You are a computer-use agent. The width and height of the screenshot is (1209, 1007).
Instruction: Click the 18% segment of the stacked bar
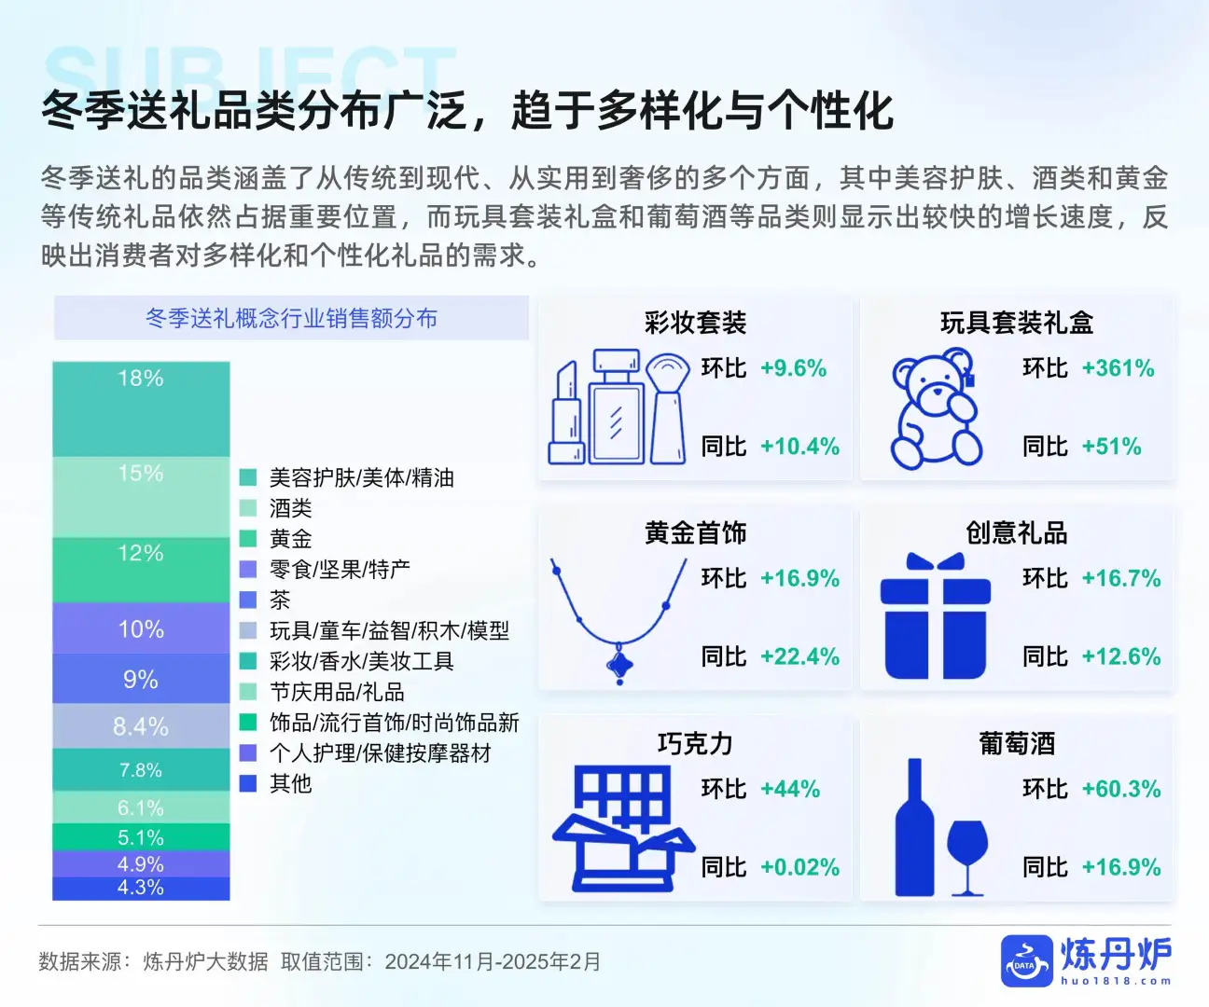tap(141, 408)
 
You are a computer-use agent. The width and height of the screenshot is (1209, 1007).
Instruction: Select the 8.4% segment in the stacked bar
tap(141, 726)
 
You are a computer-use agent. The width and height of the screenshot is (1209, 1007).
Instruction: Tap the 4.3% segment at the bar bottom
tap(141, 889)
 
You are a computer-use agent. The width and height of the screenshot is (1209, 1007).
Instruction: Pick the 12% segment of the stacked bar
tap(141, 569)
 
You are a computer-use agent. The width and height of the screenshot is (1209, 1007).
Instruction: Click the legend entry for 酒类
tap(290, 508)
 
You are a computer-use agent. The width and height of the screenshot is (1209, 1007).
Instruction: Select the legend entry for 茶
tap(279, 600)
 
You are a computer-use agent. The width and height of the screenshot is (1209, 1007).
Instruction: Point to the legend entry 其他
tap(290, 783)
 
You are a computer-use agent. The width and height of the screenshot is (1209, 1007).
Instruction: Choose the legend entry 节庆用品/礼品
tap(336, 692)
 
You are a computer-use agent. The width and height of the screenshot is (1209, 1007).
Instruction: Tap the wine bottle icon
tap(914, 828)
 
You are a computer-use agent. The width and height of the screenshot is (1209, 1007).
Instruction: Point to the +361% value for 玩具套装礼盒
tap(1118, 368)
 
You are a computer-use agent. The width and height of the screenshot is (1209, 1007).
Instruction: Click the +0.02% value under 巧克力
tap(799, 867)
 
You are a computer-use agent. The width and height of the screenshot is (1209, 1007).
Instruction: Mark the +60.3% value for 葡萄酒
tap(1121, 789)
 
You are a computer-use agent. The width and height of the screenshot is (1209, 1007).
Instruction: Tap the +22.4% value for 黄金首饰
tap(799, 656)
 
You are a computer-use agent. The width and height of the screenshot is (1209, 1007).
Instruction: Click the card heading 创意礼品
tap(1016, 533)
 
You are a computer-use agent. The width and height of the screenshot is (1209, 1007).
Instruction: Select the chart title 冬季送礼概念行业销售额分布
tap(291, 319)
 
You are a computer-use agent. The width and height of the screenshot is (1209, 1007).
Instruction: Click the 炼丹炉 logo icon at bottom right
tap(1026, 960)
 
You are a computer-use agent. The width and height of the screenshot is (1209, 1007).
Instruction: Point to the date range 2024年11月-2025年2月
tap(493, 961)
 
